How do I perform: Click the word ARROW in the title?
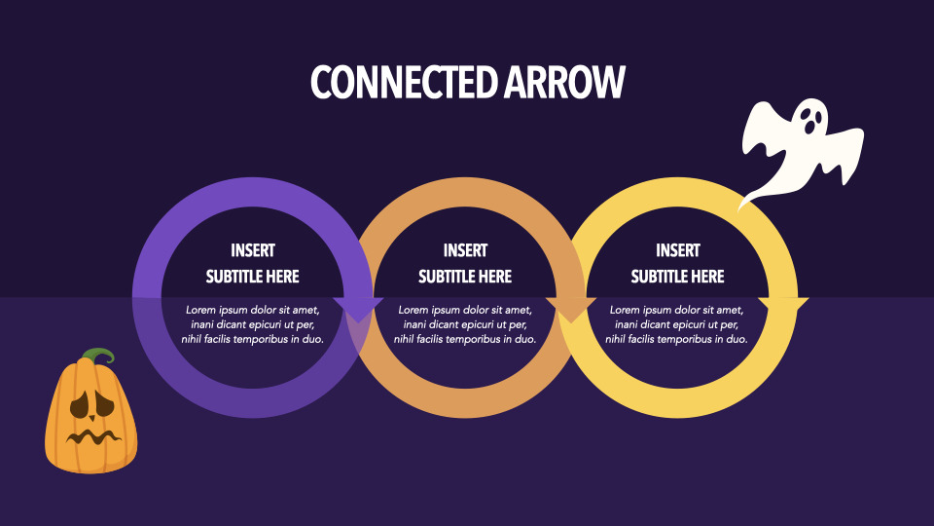[564, 82]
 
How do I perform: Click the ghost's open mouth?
[810, 127]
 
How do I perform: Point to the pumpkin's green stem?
[99, 357]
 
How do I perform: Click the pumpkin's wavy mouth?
[93, 437]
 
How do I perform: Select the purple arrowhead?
[358, 310]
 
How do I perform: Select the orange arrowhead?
[571, 310]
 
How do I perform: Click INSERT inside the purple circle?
[253, 250]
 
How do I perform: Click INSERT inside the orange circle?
[465, 250]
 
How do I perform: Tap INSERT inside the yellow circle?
[678, 250]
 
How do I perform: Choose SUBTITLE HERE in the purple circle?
[253, 277]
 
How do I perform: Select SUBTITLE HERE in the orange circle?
[465, 277]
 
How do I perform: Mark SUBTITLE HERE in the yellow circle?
[678, 277]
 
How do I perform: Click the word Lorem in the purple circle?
[200, 310]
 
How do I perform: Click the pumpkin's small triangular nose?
[91, 418]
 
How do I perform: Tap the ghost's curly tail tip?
[739, 208]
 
